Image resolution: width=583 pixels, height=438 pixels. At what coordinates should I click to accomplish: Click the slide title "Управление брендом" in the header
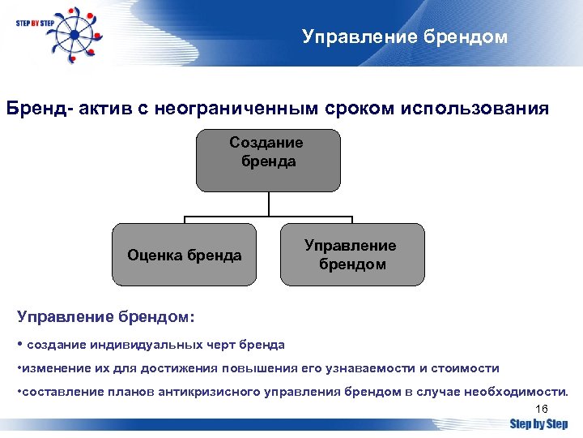pyautogui.click(x=405, y=36)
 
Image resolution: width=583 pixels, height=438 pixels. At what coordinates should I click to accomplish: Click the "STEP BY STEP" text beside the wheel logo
pyautogui.click(x=34, y=24)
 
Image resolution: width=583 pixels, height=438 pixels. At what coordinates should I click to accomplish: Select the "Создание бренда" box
pyautogui.click(x=266, y=161)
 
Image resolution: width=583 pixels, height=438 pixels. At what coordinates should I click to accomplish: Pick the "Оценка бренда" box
pyautogui.click(x=184, y=255)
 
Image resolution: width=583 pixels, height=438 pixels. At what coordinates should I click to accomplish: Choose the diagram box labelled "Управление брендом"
pyautogui.click(x=351, y=255)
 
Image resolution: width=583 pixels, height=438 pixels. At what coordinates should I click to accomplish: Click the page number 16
pyautogui.click(x=542, y=408)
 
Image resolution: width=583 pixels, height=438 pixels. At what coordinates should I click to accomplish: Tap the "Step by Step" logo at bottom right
pyautogui.click(x=538, y=423)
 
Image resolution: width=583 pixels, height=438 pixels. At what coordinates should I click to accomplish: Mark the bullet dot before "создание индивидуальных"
pyautogui.click(x=20, y=344)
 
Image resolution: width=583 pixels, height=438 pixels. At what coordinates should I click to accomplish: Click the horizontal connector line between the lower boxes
pyautogui.click(x=267, y=217)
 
